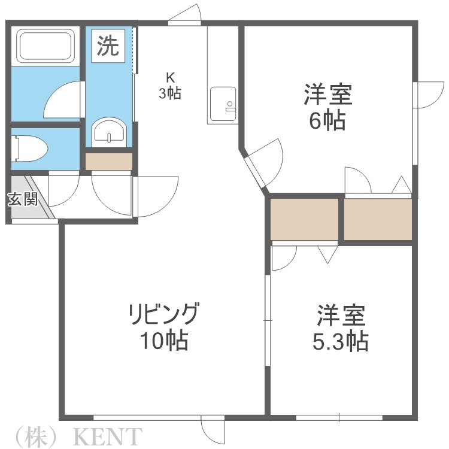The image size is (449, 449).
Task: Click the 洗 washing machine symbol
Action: tap(108, 46)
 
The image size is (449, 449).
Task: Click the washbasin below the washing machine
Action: tap(108, 131)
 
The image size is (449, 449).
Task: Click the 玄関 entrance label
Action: tap(22, 199)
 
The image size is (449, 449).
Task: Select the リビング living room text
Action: tap(163, 313)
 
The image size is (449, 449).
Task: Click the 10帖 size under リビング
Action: tap(163, 341)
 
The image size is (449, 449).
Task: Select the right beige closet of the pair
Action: tap(378, 219)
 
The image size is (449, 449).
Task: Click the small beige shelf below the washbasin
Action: tap(108, 162)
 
